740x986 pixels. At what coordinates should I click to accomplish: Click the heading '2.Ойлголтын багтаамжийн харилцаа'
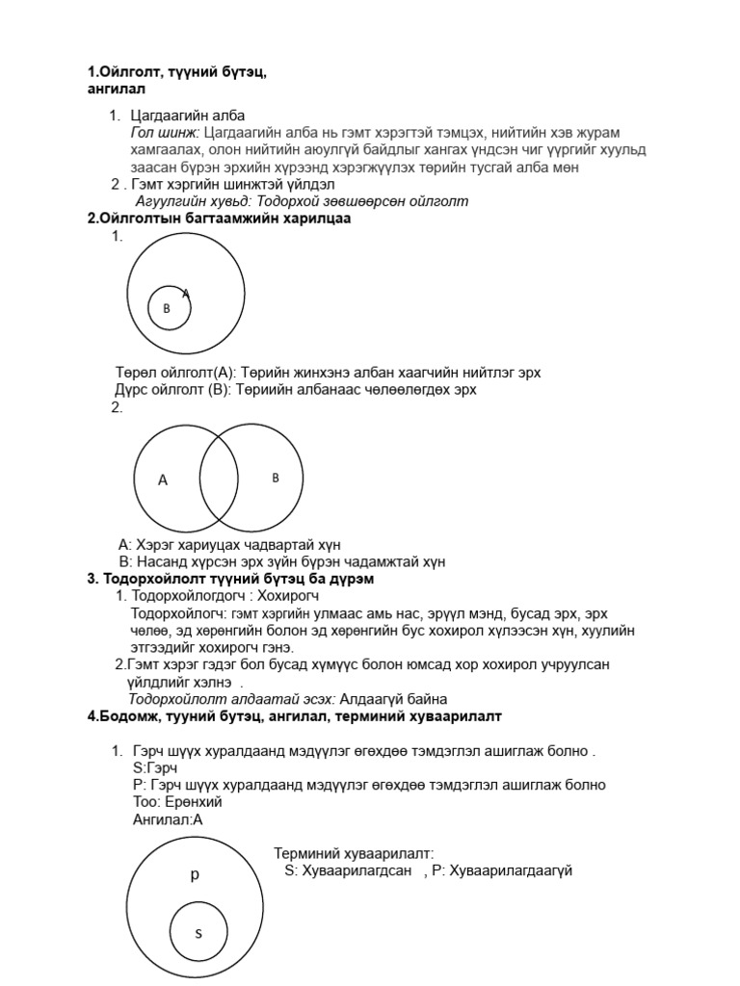pos(219,219)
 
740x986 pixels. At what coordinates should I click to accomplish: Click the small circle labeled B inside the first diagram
pos(168,308)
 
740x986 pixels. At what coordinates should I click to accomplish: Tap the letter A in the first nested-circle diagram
pos(186,293)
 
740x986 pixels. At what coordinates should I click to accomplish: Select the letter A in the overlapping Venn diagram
pos(163,480)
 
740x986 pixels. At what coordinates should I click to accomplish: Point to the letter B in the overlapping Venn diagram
pos(276,478)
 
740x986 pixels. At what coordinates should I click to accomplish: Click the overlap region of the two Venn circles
pos(219,480)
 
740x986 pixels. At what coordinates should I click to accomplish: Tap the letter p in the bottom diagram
pos(194,874)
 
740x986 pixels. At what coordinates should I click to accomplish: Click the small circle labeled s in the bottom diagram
pos(198,932)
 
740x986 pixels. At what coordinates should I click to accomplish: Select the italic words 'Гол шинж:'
pos(165,132)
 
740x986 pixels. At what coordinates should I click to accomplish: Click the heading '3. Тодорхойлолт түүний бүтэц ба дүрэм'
pos(230,579)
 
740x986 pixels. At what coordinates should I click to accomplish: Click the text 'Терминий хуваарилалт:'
pos(354,853)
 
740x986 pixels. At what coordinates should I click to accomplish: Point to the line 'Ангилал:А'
pos(168,819)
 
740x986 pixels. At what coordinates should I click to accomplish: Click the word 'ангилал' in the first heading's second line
pos(116,89)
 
